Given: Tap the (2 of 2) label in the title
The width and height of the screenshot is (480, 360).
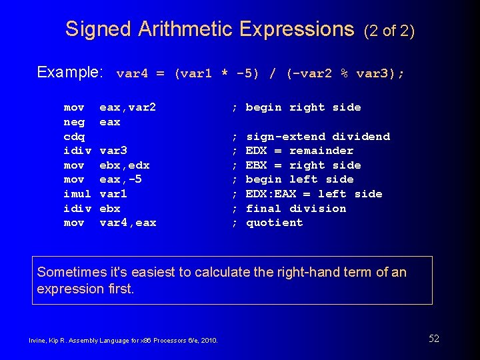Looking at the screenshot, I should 389,31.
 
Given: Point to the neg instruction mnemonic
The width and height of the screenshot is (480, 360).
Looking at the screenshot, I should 74,122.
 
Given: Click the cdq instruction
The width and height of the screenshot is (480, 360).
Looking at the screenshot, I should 74,137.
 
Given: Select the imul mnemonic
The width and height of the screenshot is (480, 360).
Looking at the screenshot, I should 77,194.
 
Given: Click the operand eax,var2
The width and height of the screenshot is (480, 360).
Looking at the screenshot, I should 127,107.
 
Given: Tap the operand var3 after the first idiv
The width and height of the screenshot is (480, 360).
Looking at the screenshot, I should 113,151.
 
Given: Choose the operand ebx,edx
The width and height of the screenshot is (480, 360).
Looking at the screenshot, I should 124,165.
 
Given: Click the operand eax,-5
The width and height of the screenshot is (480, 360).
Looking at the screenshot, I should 121,179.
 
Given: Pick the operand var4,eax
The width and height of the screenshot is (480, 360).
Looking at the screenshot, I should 127,223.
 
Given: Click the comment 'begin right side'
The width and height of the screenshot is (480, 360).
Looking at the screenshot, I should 303,107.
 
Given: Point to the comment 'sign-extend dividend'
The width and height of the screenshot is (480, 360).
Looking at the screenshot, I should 317,137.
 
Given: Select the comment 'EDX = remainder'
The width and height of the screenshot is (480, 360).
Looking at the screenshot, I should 299,151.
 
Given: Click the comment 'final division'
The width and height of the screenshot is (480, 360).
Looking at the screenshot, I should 296,209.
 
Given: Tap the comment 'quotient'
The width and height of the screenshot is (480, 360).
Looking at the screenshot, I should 274,223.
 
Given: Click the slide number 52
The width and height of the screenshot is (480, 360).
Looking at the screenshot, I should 434,339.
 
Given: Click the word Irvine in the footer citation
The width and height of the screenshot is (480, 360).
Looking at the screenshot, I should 37,341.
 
